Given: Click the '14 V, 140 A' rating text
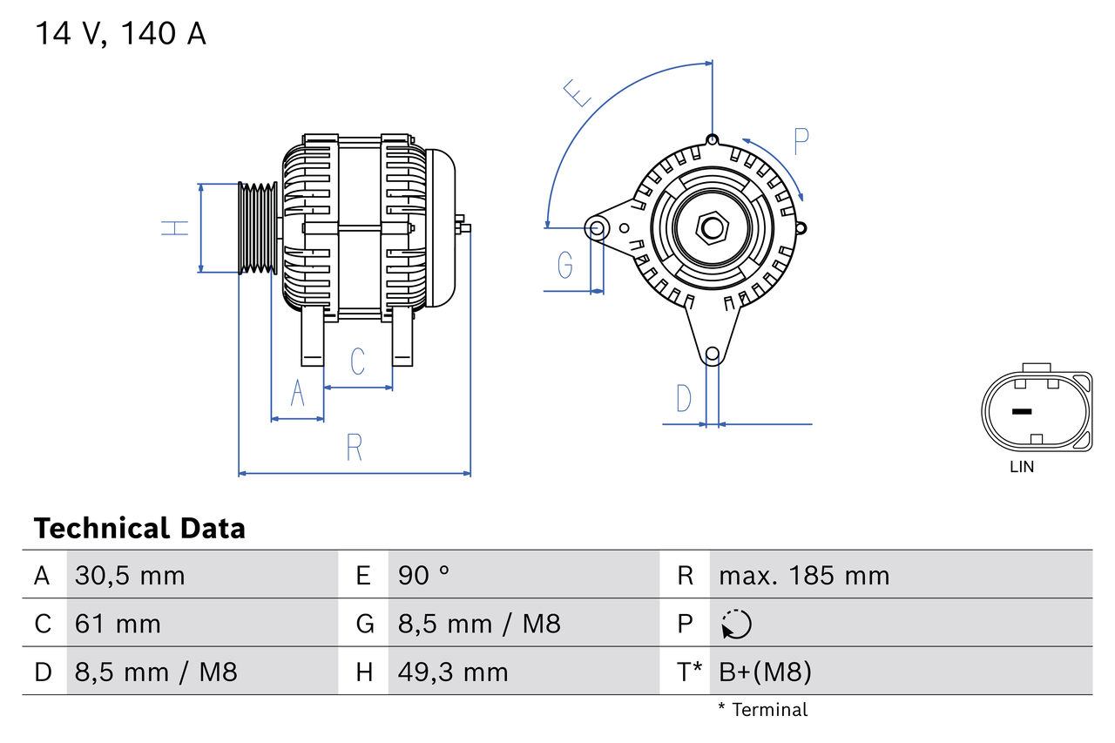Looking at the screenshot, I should (x=120, y=34).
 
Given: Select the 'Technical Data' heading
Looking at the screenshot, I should (x=139, y=528).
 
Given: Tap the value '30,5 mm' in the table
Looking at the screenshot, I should (x=130, y=575).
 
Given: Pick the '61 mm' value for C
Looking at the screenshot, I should (x=118, y=624).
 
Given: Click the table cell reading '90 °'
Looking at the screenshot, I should (x=424, y=575).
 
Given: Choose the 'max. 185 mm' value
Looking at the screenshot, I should (x=804, y=575).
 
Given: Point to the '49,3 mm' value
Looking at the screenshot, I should (x=453, y=672).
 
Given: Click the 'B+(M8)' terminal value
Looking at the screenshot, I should (x=765, y=672).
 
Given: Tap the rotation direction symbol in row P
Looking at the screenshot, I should (x=736, y=624).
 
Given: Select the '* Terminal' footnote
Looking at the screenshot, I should (x=762, y=709).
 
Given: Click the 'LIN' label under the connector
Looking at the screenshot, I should (x=1022, y=467).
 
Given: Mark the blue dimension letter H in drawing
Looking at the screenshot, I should (x=175, y=228).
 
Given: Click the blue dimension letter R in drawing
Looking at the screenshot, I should (x=354, y=448).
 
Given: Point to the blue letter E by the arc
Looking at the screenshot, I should (x=577, y=92).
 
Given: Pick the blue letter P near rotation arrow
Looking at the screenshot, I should (x=801, y=141).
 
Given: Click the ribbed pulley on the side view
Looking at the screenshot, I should (x=258, y=228).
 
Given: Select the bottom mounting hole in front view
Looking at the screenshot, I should (x=713, y=354).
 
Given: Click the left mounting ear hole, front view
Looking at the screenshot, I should (x=598, y=229).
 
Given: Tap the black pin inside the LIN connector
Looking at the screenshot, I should (x=1021, y=411).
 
